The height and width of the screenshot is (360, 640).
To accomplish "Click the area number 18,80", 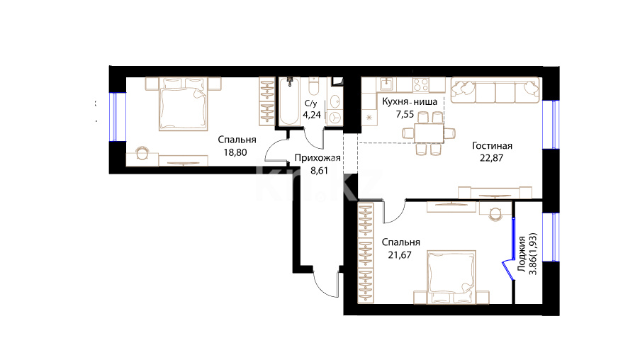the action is [x=235, y=152].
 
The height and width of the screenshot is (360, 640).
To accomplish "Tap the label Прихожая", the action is [x=318, y=157].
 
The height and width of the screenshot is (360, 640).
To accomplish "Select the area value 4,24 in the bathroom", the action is [x=312, y=115].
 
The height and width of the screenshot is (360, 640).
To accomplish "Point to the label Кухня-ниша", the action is [x=410, y=101].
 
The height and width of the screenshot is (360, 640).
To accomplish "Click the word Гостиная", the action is [x=492, y=146].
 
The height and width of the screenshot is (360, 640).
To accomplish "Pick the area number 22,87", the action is [x=491, y=158].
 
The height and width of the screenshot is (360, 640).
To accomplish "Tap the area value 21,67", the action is [x=400, y=255].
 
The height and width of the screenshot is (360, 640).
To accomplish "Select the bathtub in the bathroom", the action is [x=289, y=101].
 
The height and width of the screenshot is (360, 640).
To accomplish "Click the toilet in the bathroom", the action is [x=314, y=87].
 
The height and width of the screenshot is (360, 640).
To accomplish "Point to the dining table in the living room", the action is [x=429, y=133].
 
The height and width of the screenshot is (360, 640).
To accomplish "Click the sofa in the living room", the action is [x=495, y=90].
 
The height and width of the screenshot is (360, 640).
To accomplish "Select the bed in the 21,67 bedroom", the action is [x=451, y=277].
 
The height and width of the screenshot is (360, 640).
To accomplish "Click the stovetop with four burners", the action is [x=421, y=85].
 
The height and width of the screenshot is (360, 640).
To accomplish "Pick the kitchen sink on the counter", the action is [x=386, y=84].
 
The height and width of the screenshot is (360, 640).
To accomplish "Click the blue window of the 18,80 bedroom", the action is [x=114, y=117].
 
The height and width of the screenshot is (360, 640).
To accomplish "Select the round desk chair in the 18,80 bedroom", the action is [x=142, y=153].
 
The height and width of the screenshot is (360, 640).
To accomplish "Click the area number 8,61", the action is [x=319, y=171].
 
